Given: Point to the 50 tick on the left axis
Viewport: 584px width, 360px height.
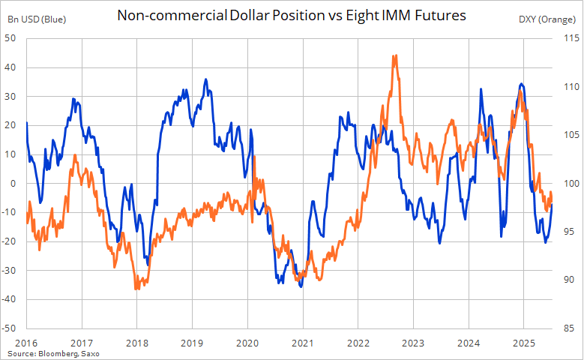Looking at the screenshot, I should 12,38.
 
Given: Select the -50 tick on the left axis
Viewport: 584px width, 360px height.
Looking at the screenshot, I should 10,328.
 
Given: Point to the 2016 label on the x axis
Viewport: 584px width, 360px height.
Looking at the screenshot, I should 26,342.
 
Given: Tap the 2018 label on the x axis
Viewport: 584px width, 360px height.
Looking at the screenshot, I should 136,342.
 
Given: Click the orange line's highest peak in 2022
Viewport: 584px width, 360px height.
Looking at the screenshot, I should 394,55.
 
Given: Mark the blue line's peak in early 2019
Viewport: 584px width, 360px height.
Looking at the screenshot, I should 206,79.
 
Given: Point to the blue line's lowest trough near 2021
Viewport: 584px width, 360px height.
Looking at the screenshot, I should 301,286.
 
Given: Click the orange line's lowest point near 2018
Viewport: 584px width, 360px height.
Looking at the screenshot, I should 136,289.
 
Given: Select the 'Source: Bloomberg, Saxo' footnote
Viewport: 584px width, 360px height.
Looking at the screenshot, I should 53,352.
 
